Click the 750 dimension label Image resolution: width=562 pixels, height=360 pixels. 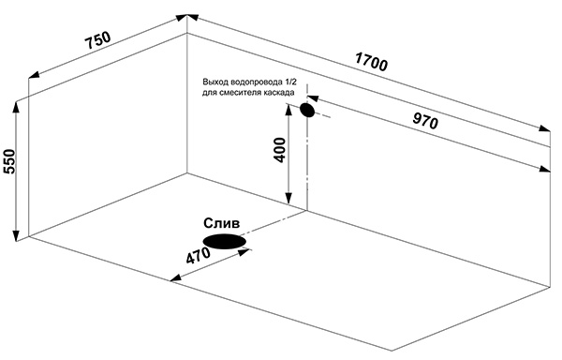click(97, 40)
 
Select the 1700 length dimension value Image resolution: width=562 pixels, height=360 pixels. click(371, 62)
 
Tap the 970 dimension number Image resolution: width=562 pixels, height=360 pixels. click(425, 121)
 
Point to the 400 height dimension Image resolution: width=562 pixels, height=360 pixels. click(280, 149)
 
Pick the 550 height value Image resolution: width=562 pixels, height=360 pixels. click(9, 161)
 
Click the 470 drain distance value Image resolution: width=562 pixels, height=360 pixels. click(199, 256)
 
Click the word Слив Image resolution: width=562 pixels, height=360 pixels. click(221, 224)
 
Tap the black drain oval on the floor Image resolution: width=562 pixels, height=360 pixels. click(225, 241)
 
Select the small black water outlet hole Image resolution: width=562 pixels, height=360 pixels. click(307, 110)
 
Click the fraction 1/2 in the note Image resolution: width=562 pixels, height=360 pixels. click(290, 82)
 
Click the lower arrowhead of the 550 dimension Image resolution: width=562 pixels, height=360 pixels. click(16, 236)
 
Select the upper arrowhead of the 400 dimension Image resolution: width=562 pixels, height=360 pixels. click(288, 110)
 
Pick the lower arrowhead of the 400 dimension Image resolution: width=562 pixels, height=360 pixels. click(288, 199)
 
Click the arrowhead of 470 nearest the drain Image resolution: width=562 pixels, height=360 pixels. click(244, 252)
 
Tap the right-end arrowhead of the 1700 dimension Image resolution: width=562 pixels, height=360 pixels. click(544, 128)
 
